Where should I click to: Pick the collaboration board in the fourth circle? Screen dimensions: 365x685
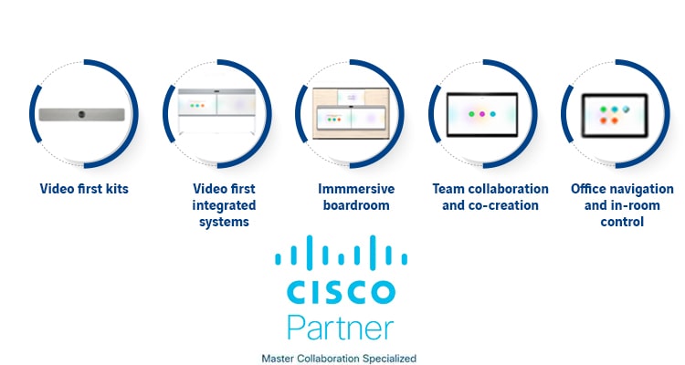482,114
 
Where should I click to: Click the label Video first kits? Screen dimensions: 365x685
84,189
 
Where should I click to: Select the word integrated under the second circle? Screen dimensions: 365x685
224,205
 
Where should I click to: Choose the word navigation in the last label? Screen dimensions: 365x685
635,189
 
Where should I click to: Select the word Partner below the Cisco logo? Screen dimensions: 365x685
340,326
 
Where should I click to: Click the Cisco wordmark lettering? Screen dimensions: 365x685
340,292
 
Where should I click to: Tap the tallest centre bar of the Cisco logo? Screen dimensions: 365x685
340,251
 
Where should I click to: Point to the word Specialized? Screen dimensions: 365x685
391,357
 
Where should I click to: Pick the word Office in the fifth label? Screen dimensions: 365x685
589,189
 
